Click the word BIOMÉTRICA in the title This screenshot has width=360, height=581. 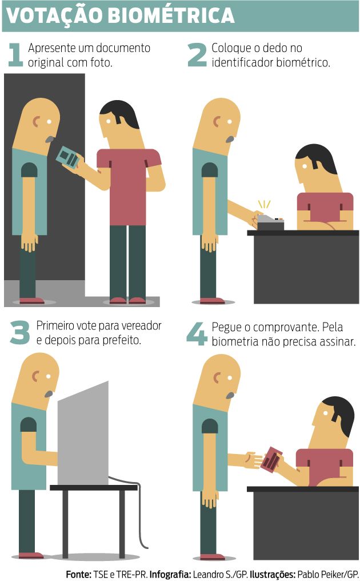coord(171,15)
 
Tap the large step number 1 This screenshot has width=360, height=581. coord(15,55)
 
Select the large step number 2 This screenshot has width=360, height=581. coord(197,55)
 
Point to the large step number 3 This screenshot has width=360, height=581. coord(19,332)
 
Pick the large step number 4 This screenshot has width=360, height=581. coord(197,333)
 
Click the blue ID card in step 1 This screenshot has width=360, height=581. coord(68,157)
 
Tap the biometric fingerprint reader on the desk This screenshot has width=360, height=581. coord(270,222)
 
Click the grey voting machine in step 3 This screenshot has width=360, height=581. coord(83,433)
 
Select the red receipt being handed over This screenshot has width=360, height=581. coord(272,459)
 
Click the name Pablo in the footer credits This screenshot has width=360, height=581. coord(308,575)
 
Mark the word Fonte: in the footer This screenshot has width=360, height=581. coord(78,575)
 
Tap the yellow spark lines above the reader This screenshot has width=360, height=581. coord(265,204)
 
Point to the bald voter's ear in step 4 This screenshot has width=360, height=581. coord(217,377)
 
